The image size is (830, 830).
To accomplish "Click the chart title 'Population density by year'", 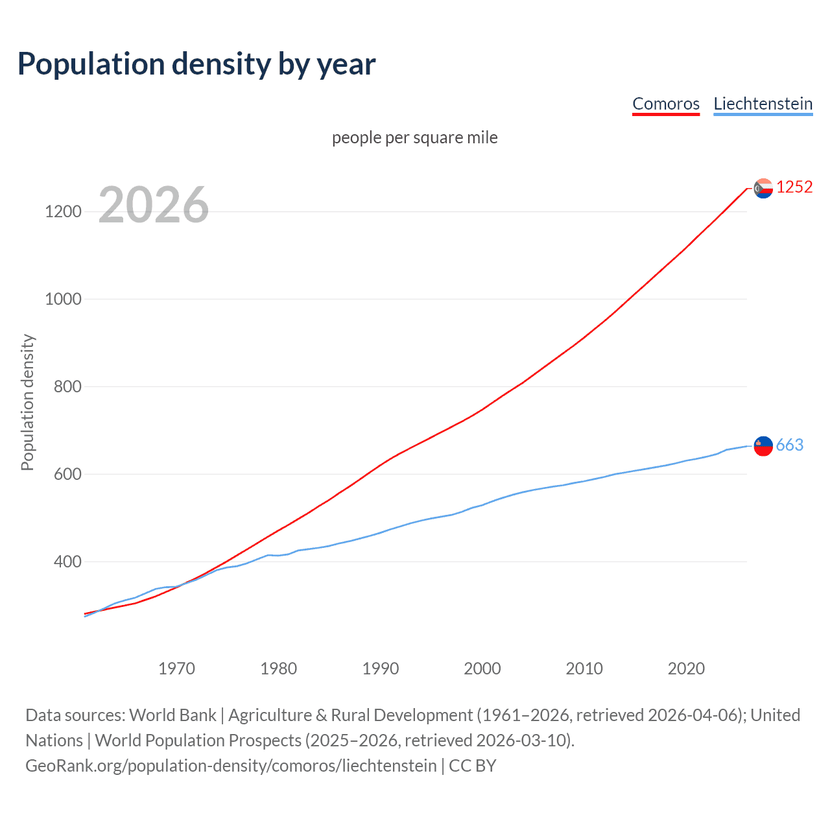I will point(196,64).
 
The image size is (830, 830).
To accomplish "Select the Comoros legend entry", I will point(666,104).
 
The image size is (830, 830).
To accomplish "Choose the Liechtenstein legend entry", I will point(763,104).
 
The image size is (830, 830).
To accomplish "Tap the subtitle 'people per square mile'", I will point(415,137).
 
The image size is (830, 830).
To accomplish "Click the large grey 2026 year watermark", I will point(154,205).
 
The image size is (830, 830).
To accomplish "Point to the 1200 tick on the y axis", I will point(63,211).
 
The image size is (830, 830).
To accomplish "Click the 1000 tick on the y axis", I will point(63,299).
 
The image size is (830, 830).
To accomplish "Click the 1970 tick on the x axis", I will point(176,669).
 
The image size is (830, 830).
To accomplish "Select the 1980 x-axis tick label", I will point(278,669).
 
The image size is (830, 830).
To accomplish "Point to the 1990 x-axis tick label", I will point(381,669).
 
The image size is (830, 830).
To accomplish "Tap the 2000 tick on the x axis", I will point(482,669).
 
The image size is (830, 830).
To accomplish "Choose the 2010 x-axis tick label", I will point(584,669).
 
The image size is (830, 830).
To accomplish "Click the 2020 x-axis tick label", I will point(686,669).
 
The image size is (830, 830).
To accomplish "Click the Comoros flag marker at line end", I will point(763,188).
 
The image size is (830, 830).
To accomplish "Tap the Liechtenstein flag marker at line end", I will point(763,446).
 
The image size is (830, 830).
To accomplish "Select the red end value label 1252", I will point(794,187).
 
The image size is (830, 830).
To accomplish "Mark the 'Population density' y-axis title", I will point(27,402).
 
